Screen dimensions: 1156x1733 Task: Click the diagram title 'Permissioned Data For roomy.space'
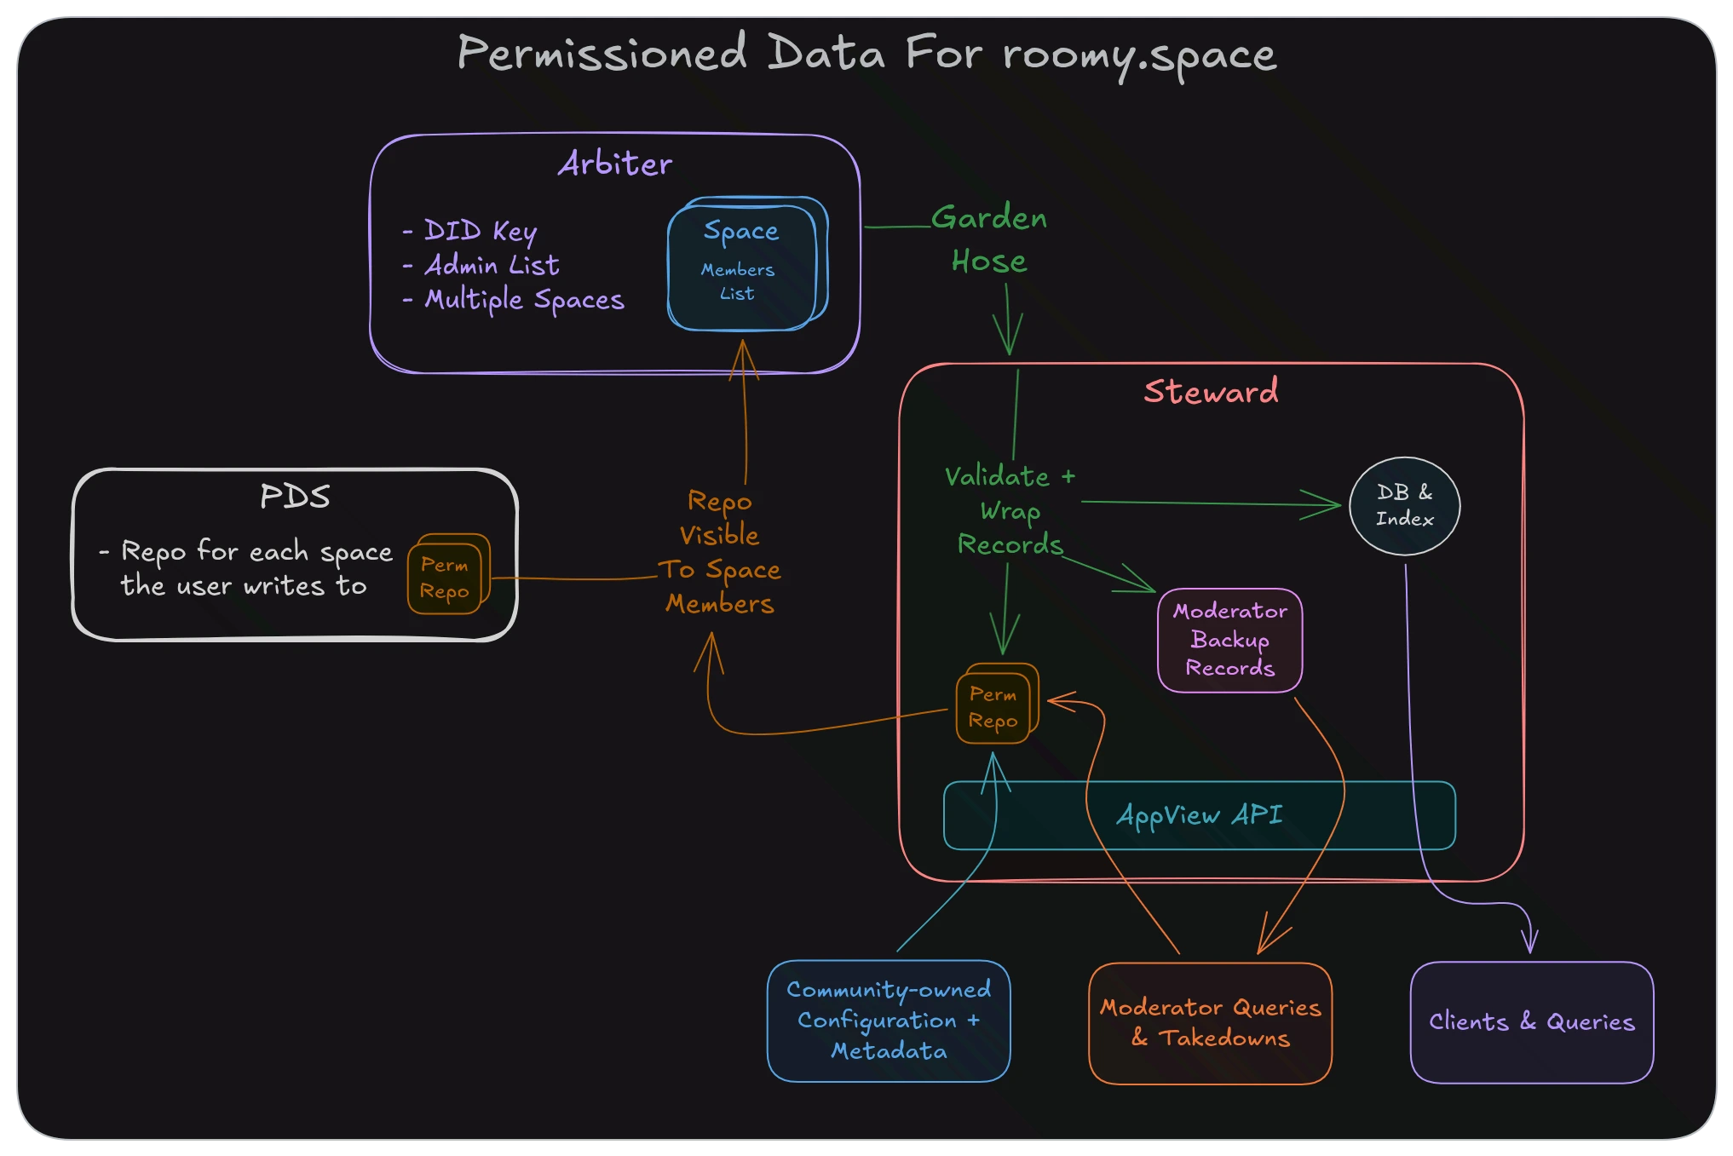[866, 55]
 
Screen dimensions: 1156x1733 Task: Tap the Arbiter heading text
[615, 164]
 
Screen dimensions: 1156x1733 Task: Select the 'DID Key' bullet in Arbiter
[481, 231]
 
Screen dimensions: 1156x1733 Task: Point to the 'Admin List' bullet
[492, 266]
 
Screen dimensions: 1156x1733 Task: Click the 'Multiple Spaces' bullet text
[524, 300]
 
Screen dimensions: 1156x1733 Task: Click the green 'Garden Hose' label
[989, 239]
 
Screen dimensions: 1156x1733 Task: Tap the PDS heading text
[295, 497]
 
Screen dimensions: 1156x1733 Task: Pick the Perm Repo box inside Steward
[994, 706]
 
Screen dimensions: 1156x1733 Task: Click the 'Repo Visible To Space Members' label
[720, 552]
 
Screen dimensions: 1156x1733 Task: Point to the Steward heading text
[1211, 392]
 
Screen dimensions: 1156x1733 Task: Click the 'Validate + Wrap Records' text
[1010, 510]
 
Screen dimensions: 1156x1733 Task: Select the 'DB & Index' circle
[1404, 506]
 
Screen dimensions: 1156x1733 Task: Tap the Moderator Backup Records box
[1229, 640]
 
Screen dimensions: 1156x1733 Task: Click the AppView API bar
[1199, 815]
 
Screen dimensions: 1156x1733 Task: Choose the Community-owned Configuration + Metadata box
[889, 1021]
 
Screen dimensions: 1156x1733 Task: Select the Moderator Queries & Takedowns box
[1210, 1023]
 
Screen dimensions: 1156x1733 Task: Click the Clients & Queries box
[1531, 1022]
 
